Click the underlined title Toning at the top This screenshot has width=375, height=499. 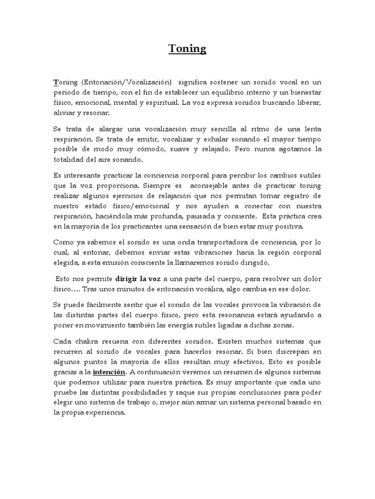tap(187, 49)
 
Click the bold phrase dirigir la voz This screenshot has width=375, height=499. tap(139, 279)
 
